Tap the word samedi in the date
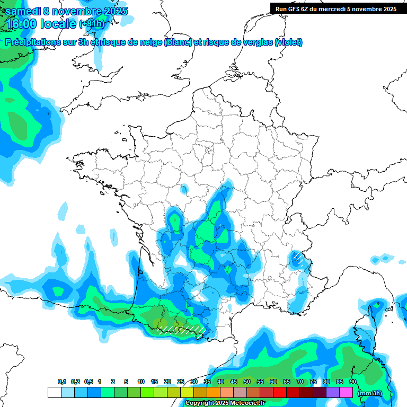tap(23, 11)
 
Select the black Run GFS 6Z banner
tap(336, 8)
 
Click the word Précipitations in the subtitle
tap(37, 42)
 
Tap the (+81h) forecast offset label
tap(92, 24)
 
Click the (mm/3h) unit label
tap(369, 393)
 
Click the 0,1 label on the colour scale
tap(61, 382)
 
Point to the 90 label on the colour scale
tap(353, 382)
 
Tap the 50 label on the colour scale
tap(247, 382)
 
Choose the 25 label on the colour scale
tap(181, 382)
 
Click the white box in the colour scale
tap(54, 393)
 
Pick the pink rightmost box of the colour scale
tap(346, 393)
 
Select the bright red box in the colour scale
tap(279, 393)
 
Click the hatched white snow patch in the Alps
tap(299, 259)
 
